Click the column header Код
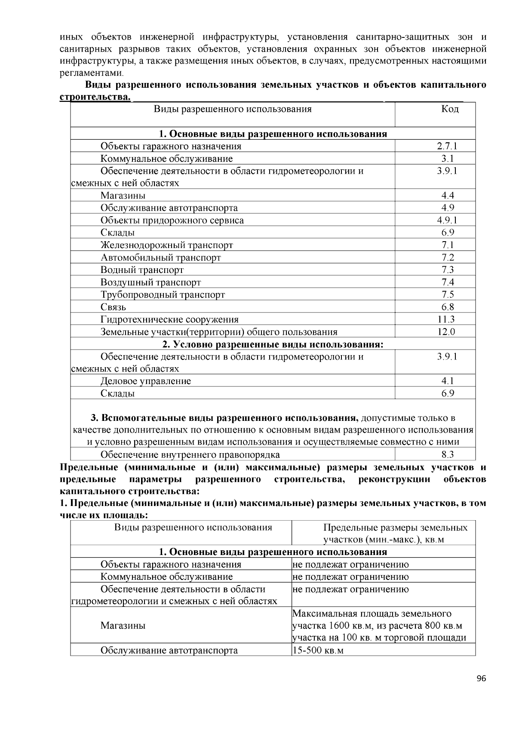pos(450,109)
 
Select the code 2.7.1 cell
pos(447,146)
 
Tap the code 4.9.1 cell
pos(447,221)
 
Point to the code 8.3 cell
pos(447,455)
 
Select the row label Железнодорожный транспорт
pos(167,245)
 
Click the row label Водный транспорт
pos(142,270)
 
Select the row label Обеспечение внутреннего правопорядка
pos(190,455)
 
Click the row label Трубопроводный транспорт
pos(163,295)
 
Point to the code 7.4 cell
pos(447,282)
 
